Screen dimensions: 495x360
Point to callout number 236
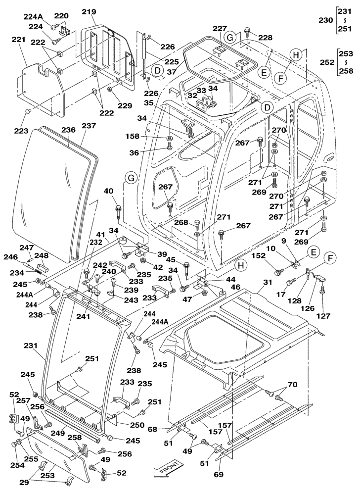(x=68, y=130)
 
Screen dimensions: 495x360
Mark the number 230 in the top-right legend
(x=326, y=21)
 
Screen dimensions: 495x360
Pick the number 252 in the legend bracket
(x=326, y=63)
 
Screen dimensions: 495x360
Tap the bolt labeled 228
(x=246, y=34)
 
